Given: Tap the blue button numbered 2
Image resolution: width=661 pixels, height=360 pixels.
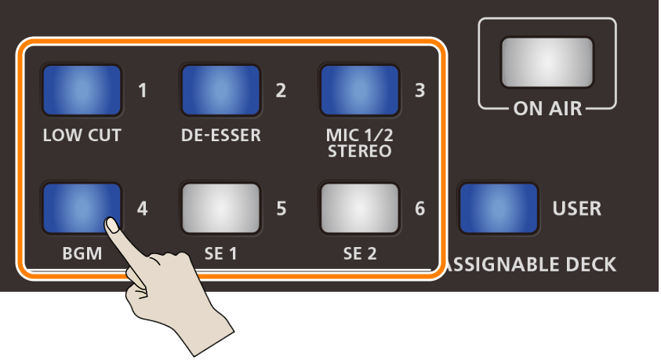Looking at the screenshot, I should click(x=220, y=90).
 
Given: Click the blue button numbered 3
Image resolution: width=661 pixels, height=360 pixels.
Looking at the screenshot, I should click(x=359, y=90).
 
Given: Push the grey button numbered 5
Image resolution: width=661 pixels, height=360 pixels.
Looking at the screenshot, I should click(x=220, y=209).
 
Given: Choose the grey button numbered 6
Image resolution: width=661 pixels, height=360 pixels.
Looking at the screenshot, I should click(x=359, y=209).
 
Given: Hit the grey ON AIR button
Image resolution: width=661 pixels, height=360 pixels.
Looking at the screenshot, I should click(x=548, y=61).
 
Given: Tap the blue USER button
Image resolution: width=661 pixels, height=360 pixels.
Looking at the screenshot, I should click(x=499, y=209).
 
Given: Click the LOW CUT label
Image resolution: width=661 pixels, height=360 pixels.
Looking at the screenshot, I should click(x=82, y=136).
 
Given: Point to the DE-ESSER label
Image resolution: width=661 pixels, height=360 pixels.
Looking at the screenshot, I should click(x=220, y=136).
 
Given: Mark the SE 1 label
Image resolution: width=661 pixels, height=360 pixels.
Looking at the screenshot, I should click(x=220, y=254).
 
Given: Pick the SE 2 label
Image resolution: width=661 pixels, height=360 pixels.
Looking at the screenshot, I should click(x=359, y=254).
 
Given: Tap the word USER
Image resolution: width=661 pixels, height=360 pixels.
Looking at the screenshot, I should click(x=576, y=209).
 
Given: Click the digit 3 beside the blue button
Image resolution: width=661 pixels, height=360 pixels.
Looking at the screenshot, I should click(x=419, y=90).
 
